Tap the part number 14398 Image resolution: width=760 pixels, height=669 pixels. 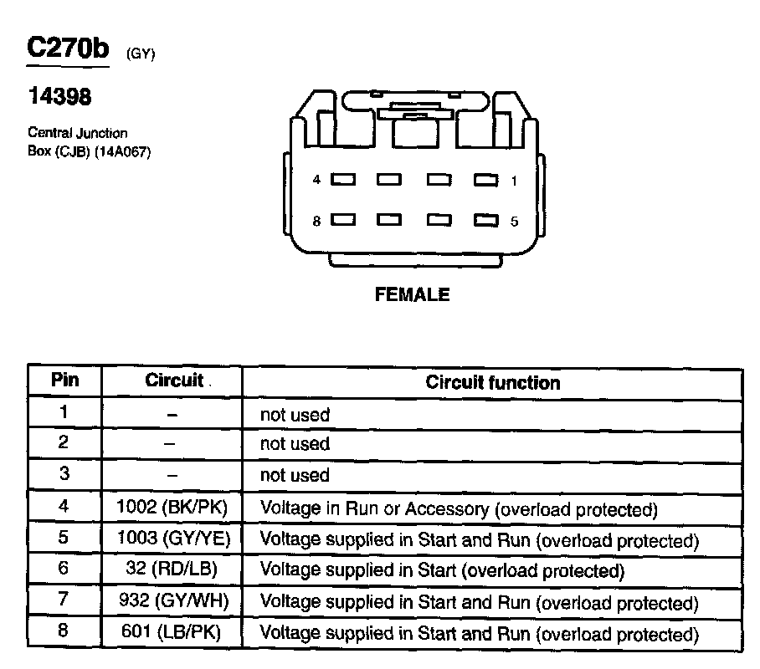(x=59, y=97)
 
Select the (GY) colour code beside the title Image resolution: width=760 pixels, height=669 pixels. (x=141, y=54)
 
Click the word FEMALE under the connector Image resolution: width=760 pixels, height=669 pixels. (x=411, y=294)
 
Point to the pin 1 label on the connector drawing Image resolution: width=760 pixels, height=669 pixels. (x=514, y=180)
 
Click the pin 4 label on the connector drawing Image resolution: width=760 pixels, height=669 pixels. (x=316, y=180)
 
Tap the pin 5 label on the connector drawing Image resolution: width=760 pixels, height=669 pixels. (x=514, y=222)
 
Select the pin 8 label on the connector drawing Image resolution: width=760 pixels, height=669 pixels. (x=316, y=221)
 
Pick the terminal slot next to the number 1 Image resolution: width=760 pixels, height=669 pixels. (x=485, y=180)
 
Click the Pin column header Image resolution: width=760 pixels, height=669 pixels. (x=65, y=380)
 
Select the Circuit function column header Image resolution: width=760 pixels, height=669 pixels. (x=492, y=383)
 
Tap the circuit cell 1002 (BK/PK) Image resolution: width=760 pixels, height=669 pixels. (x=172, y=507)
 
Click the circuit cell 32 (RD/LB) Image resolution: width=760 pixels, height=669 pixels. (x=172, y=570)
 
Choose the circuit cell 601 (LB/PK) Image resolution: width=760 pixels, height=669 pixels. (x=172, y=633)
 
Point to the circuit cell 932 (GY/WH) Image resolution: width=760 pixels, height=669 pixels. (x=172, y=601)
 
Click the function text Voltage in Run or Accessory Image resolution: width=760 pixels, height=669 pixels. (x=459, y=508)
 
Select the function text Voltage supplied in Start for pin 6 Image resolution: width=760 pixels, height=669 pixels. (x=442, y=571)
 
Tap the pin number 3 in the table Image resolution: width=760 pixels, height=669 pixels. (x=64, y=474)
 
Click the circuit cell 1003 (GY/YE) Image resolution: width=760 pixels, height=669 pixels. (x=172, y=539)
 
